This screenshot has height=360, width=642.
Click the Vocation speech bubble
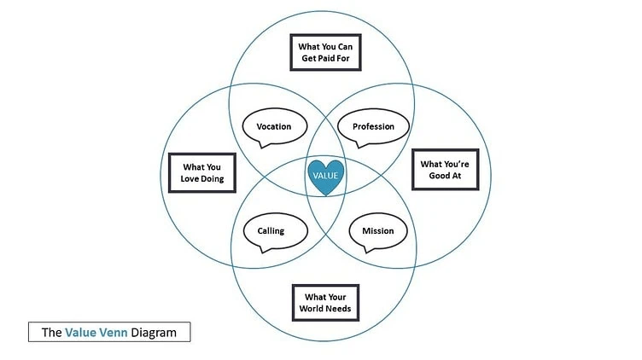tap(273, 127)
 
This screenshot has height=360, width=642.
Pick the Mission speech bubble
tap(377, 230)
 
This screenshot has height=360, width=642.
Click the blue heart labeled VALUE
tap(325, 175)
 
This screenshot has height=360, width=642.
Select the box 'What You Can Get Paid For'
tap(323, 52)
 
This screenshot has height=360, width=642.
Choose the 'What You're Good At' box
tap(444, 170)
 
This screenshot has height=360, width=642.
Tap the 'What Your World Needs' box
tap(325, 303)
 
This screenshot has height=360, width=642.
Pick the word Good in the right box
tap(434, 177)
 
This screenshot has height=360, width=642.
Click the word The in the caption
tap(51, 333)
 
